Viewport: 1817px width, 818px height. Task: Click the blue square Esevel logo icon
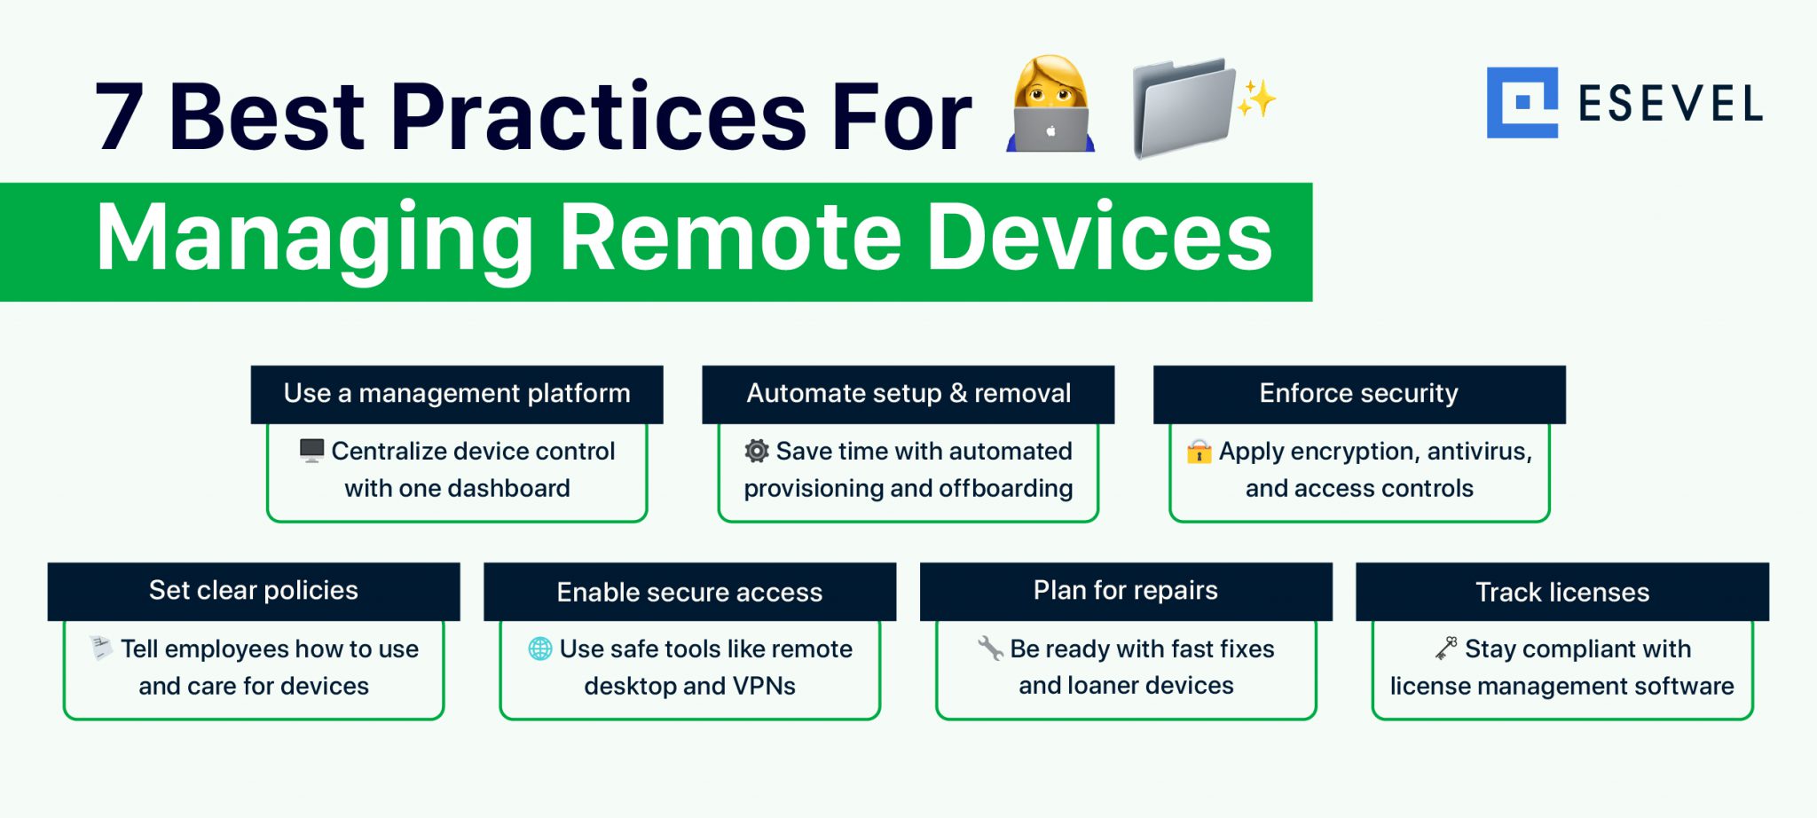point(1522,103)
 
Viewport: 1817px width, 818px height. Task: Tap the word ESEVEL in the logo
point(1670,105)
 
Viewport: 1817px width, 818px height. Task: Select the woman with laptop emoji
point(1050,105)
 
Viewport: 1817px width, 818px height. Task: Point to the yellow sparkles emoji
point(1256,98)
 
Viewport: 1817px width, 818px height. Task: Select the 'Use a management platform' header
point(457,393)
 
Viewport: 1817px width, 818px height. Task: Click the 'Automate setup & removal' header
point(908,393)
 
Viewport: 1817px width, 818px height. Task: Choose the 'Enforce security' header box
point(1358,393)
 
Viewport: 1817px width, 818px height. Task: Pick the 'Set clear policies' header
point(254,591)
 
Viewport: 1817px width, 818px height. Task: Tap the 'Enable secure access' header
point(689,592)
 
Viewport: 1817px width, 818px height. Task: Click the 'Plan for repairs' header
point(1125,591)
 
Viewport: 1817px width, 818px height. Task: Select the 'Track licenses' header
point(1561,592)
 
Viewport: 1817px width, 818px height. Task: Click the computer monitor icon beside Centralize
point(311,451)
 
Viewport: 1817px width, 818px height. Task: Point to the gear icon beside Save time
point(756,451)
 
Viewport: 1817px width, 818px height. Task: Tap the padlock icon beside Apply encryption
point(1199,452)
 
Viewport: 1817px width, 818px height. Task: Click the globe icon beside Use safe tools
point(539,649)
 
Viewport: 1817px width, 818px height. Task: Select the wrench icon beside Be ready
point(989,649)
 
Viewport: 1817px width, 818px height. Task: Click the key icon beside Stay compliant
point(1446,649)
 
